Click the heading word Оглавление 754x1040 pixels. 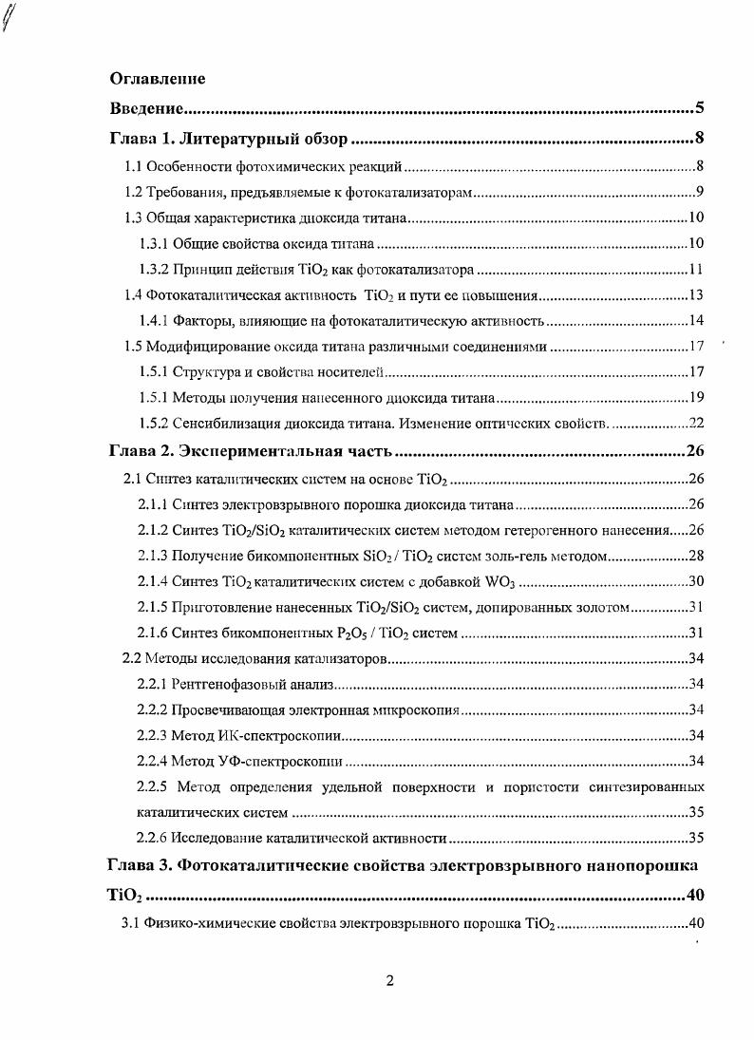[x=158, y=78]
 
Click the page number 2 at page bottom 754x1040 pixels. [x=389, y=982]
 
